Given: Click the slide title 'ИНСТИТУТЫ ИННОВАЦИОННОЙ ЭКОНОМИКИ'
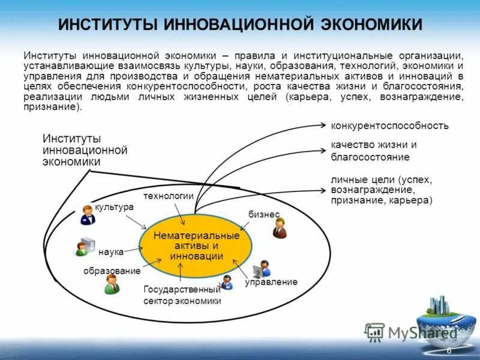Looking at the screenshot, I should tap(240, 25).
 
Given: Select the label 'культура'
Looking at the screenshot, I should tap(114, 206).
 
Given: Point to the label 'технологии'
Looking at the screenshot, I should tap(168, 196).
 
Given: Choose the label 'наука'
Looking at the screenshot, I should tap(110, 252).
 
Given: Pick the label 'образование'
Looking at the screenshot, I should tap(112, 271).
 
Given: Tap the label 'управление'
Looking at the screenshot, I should tap(271, 281).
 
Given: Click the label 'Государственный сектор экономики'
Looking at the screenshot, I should tap(182, 295).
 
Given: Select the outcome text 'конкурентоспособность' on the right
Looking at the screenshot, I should tap(390, 125).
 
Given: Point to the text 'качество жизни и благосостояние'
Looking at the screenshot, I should tap(374, 151).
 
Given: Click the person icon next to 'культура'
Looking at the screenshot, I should tap(88, 214).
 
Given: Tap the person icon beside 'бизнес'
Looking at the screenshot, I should tap(280, 228).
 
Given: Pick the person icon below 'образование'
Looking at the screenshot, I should tap(112, 284).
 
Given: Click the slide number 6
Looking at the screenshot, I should tap(448, 350).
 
